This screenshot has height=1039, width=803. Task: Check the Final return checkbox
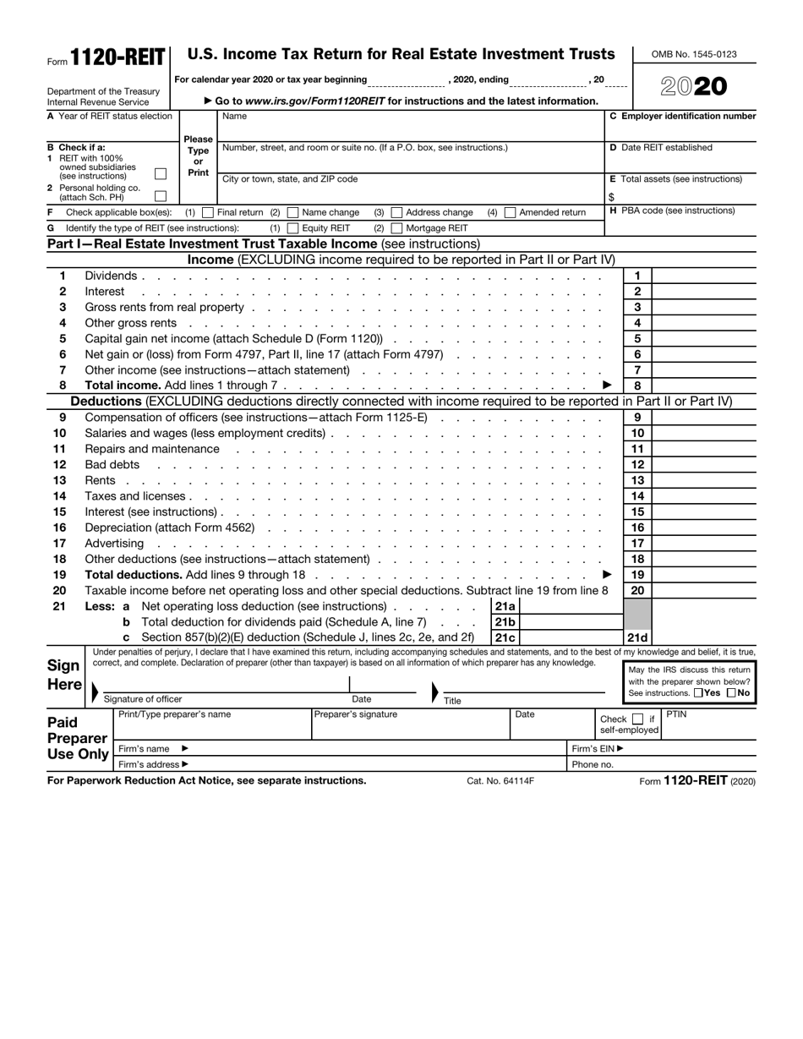(x=208, y=212)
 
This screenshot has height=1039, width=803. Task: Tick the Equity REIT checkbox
(x=292, y=228)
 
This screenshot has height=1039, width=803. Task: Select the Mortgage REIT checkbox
(x=396, y=228)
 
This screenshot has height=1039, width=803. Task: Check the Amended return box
(x=510, y=212)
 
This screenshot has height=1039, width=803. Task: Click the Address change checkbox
(x=396, y=212)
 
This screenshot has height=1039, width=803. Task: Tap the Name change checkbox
(x=292, y=212)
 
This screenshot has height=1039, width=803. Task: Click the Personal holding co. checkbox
(x=161, y=196)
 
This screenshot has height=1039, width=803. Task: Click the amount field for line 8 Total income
(x=705, y=386)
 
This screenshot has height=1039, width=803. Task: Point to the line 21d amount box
(x=705, y=637)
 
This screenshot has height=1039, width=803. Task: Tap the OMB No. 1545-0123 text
(x=694, y=54)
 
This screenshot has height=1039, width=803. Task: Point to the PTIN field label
(x=677, y=714)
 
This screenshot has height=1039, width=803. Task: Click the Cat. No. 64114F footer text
(x=500, y=781)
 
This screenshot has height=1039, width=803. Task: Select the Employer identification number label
(x=683, y=116)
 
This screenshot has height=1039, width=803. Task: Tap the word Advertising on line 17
(x=114, y=543)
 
